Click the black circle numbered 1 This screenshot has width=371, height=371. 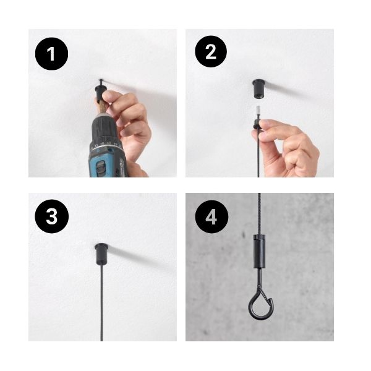pos(51,54)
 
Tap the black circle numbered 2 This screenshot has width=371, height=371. pos(211,51)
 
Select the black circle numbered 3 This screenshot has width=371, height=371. pos(51,216)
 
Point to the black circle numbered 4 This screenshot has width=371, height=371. pos(211,217)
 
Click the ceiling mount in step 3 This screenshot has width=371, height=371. pos(101,253)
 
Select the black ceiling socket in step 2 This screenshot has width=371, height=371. pos(259,89)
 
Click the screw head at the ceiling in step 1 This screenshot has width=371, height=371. pos(101,80)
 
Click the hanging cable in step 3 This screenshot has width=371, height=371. pos(102,302)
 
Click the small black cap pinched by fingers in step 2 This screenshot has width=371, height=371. pos(257,124)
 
